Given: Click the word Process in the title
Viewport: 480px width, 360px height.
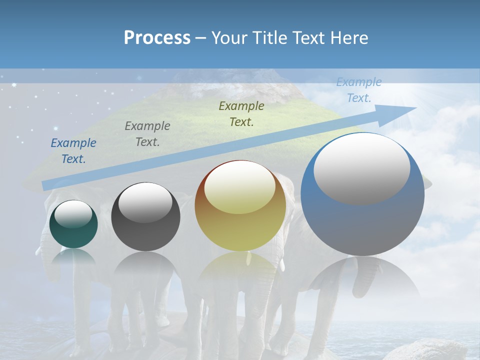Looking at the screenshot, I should (157, 38).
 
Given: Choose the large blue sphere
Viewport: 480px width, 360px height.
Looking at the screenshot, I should (362, 225).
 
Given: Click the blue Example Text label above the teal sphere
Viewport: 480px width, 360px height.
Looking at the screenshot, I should (73, 151).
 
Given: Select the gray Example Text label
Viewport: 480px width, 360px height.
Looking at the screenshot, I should (147, 134).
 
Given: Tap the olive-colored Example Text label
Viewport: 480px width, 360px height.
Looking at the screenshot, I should (241, 113).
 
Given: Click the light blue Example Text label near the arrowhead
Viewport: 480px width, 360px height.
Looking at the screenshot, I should (358, 90).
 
